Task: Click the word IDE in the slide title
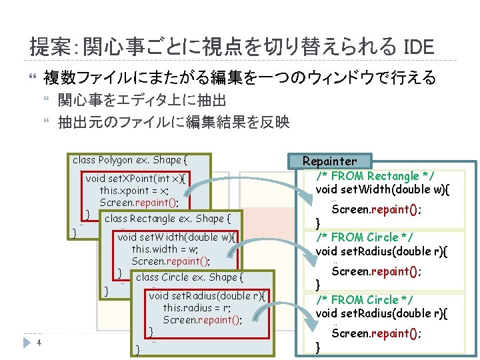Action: (x=419, y=47)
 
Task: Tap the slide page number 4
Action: (x=40, y=343)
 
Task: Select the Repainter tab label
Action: (x=329, y=161)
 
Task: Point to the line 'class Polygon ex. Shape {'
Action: (x=130, y=160)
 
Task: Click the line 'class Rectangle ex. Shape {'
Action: (x=167, y=219)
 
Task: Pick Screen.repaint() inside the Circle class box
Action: (x=202, y=319)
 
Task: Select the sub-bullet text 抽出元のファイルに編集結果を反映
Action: (x=173, y=122)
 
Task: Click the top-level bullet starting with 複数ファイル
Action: (x=239, y=79)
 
